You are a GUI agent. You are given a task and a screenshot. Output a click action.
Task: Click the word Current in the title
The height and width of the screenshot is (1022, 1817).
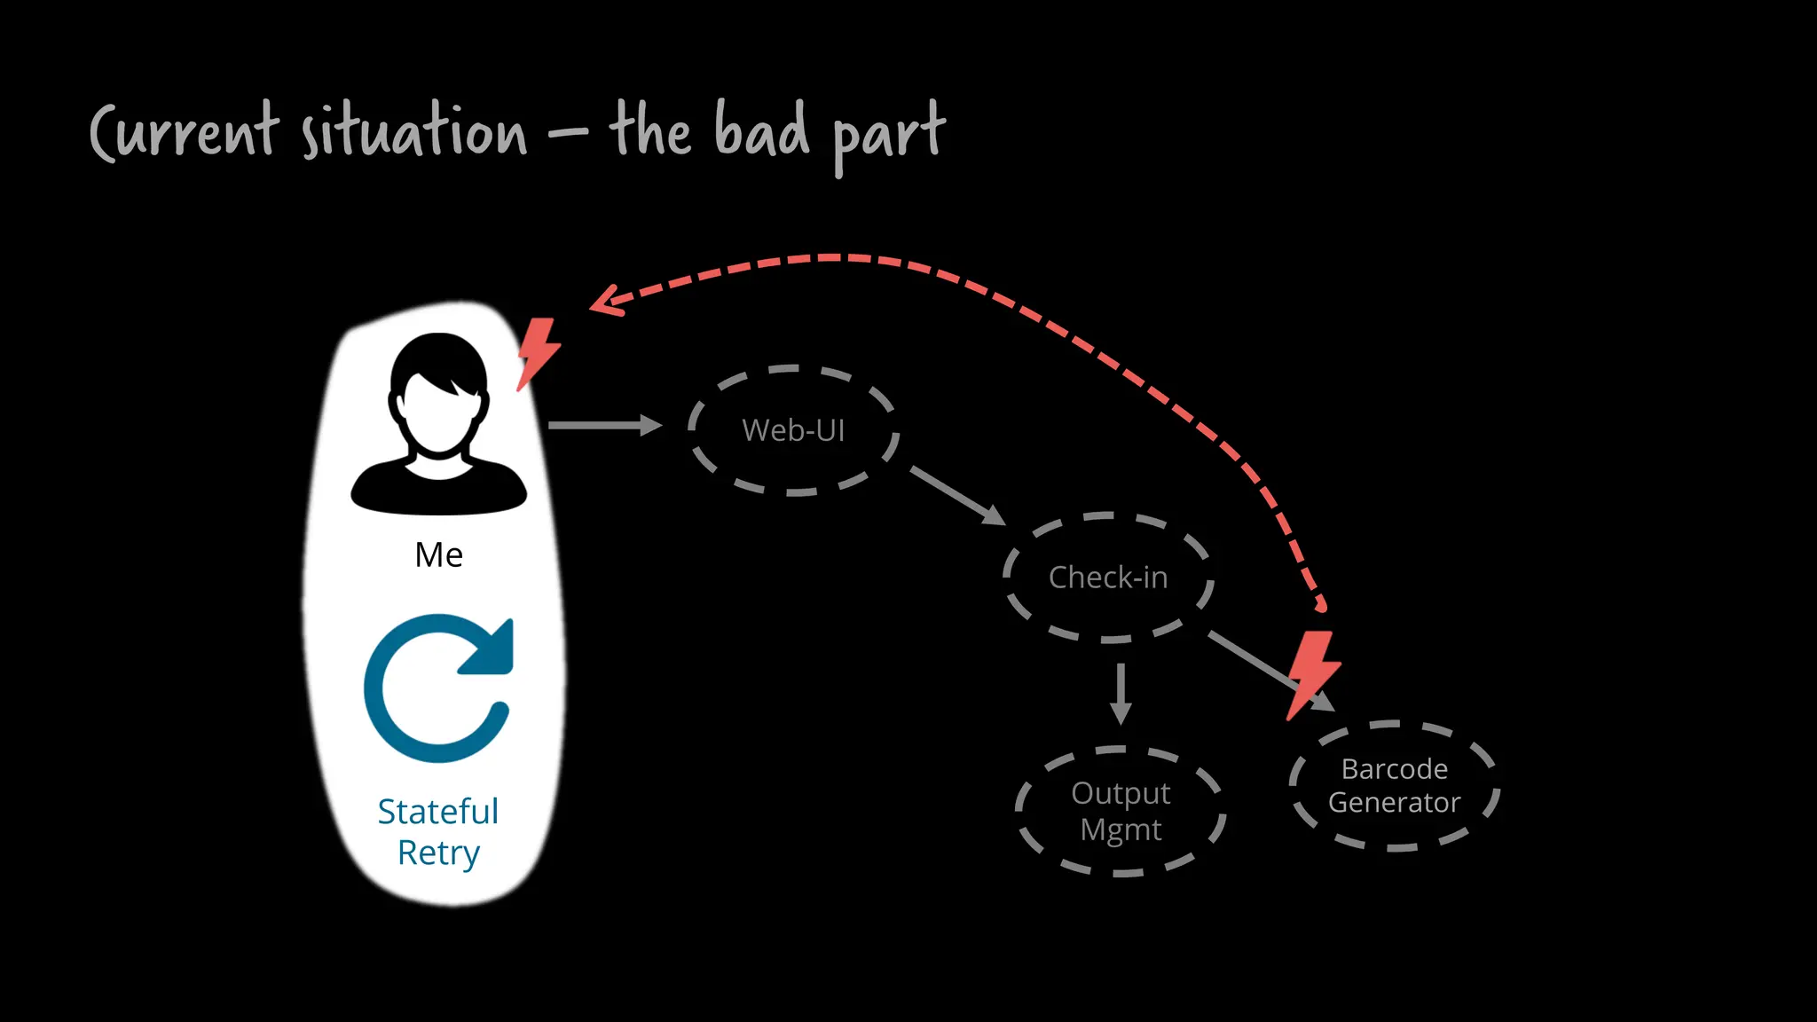coord(185,133)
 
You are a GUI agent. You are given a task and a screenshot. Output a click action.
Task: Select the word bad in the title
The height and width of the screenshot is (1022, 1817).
coord(761,131)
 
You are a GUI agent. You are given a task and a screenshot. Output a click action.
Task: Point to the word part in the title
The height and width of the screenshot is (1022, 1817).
coord(887,135)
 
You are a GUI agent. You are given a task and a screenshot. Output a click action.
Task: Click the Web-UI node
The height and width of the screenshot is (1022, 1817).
coord(793,430)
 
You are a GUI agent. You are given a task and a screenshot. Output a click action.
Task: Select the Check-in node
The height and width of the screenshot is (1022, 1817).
coord(1107,578)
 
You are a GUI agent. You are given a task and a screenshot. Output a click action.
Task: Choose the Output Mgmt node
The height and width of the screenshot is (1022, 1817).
coord(1121,811)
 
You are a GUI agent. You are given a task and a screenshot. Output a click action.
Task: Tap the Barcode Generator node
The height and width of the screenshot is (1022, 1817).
coord(1394,786)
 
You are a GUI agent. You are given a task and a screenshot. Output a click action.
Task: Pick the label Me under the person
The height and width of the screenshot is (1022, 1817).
coord(438,555)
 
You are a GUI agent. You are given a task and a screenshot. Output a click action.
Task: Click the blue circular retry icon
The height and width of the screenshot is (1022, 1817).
coord(437,688)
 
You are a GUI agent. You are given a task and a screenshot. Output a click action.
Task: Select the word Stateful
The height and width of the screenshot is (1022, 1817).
coord(437,812)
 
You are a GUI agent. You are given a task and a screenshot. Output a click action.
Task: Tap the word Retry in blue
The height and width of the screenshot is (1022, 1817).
coord(437,853)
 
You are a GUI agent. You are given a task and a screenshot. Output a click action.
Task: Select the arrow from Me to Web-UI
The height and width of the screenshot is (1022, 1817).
coord(603,426)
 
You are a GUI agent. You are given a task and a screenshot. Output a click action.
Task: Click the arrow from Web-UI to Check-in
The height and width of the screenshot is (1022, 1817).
coord(956,494)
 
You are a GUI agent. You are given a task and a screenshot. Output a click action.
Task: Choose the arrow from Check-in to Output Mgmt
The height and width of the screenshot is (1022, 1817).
coord(1121,694)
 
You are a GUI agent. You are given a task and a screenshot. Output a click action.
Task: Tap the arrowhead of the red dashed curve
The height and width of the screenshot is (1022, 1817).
coord(605,302)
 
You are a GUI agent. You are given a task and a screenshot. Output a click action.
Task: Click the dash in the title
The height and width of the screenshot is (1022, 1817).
coord(568,135)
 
